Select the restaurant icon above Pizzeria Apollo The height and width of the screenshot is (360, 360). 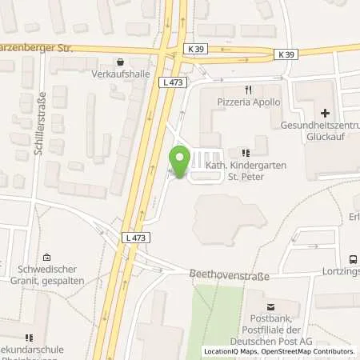(250, 90)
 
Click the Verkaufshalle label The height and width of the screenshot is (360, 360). (120, 75)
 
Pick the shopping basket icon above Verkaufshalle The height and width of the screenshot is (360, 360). (120, 62)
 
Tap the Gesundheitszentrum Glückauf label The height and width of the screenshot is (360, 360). (320, 131)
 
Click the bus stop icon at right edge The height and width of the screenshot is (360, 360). (351, 260)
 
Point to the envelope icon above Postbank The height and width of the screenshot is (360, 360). (270, 306)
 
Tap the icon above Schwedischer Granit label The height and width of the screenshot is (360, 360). (47, 258)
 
